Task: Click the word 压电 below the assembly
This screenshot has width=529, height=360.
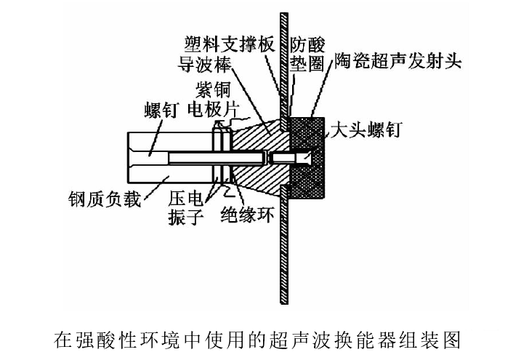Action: [x=185, y=199]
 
